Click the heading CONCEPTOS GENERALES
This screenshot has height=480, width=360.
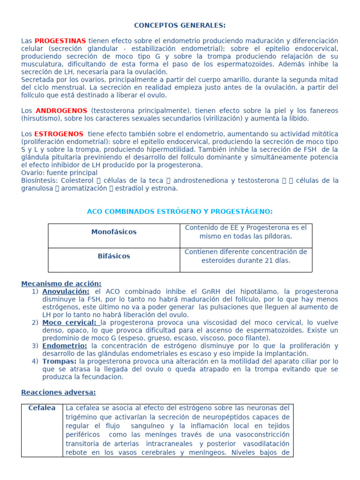click(x=180, y=25)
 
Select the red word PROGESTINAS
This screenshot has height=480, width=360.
click(x=60, y=41)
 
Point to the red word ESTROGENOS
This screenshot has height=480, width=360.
click(x=60, y=134)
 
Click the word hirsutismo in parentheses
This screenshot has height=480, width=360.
click(x=43, y=119)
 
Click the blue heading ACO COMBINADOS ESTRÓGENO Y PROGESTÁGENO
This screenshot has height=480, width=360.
click(x=180, y=211)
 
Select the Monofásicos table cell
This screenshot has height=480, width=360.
click(x=114, y=232)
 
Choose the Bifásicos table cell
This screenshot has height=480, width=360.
click(x=114, y=256)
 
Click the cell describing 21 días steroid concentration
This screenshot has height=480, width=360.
click(x=246, y=256)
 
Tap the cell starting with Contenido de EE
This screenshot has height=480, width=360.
click(x=246, y=232)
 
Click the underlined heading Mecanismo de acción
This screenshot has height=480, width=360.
click(x=61, y=284)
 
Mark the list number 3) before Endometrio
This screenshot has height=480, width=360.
click(x=35, y=346)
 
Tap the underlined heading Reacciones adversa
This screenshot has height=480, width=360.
click(x=59, y=392)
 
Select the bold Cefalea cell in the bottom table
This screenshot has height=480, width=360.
click(x=42, y=408)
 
